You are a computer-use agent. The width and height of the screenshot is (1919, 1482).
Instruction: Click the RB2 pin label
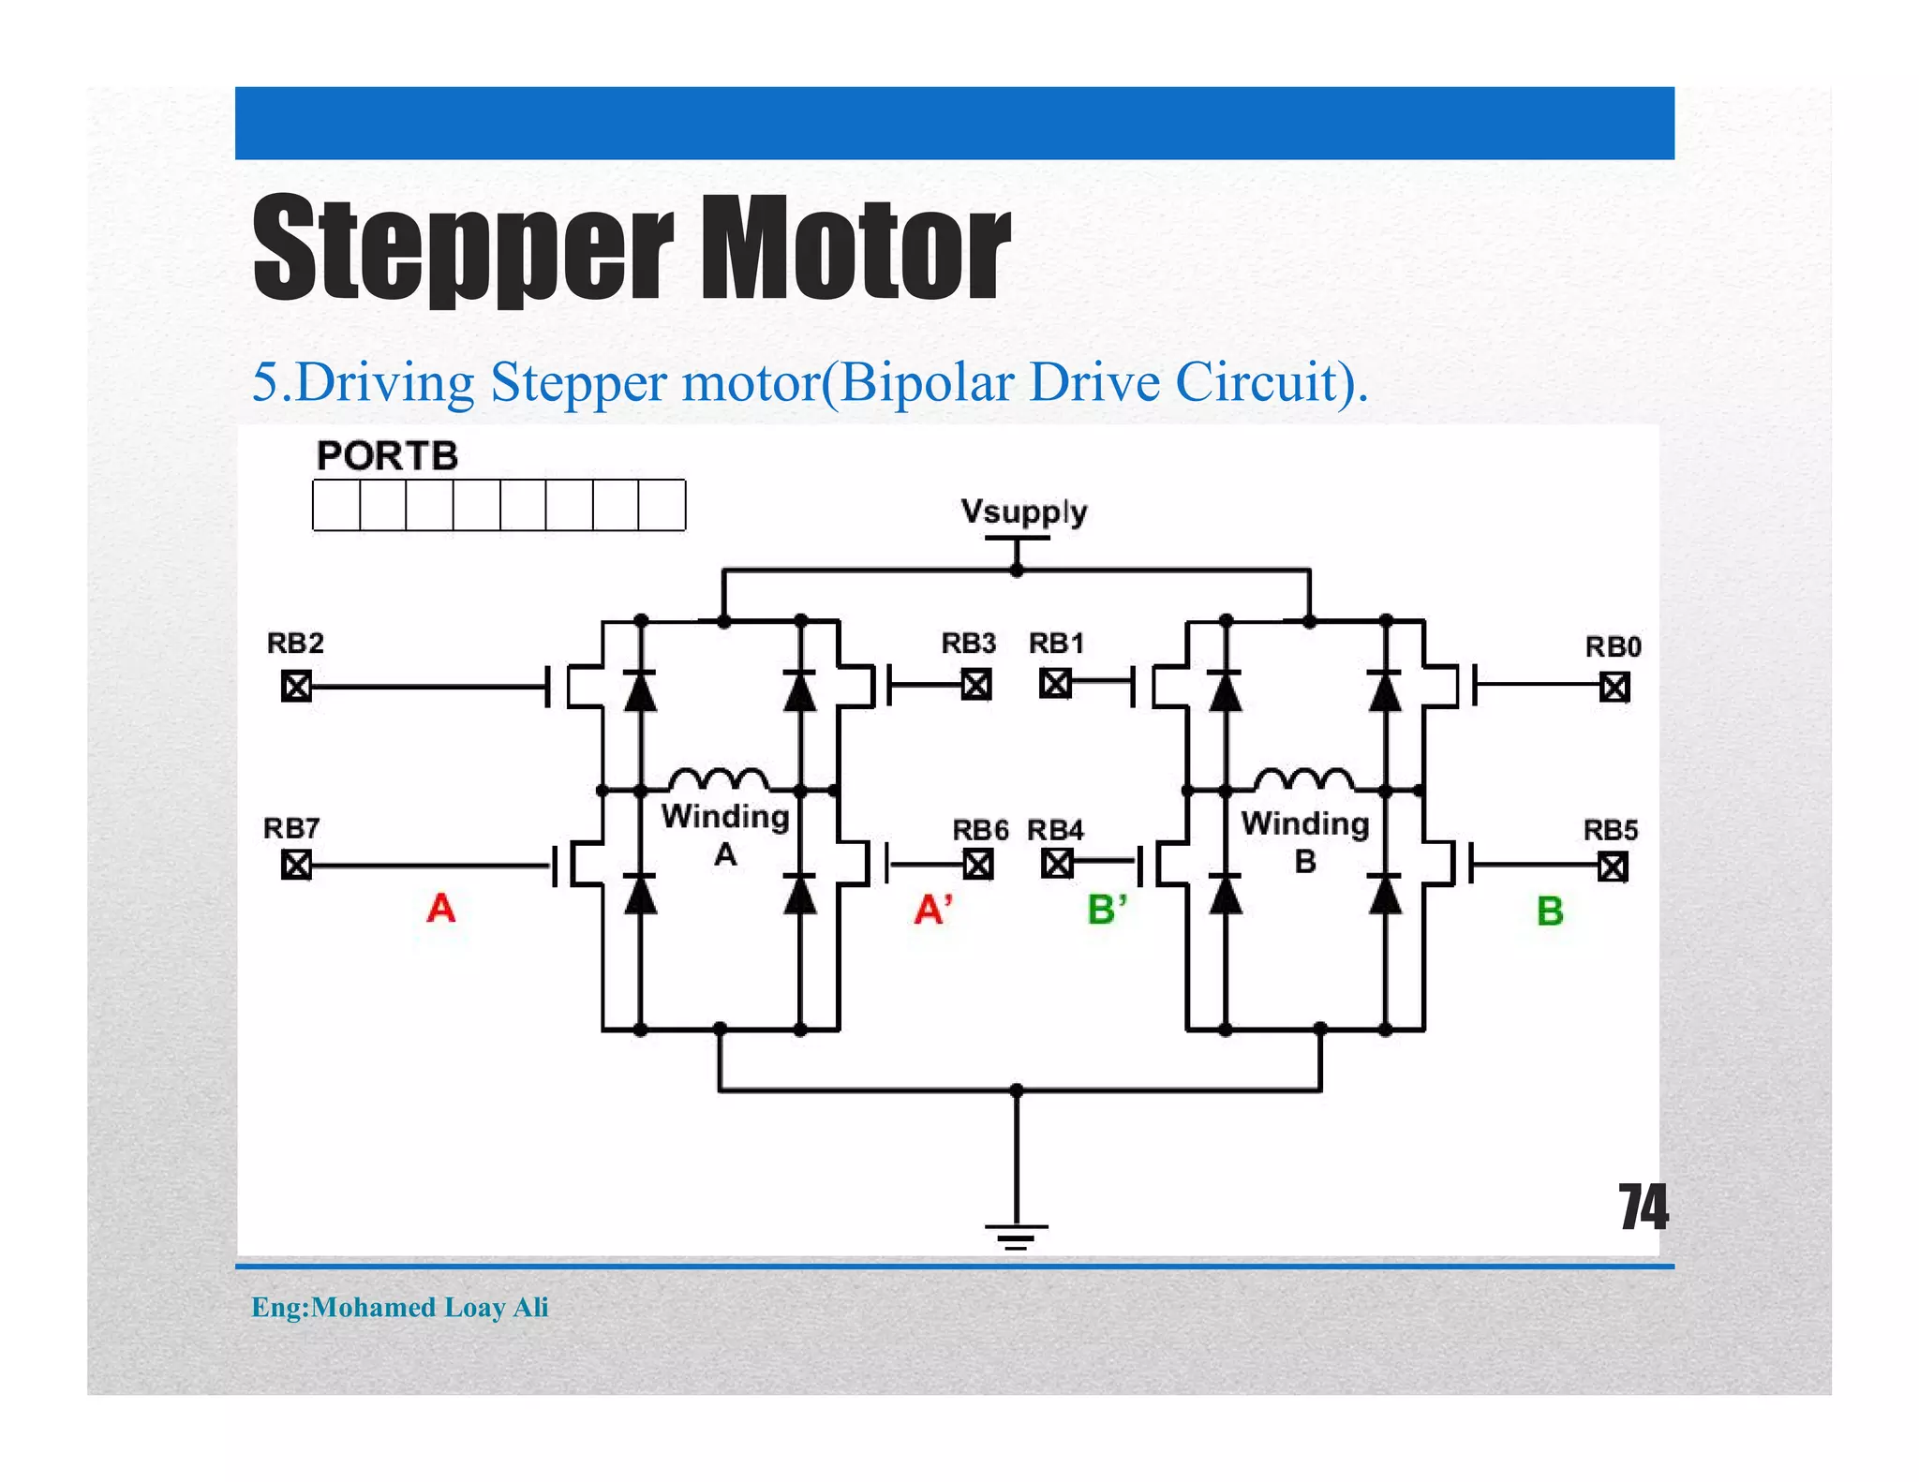(295, 644)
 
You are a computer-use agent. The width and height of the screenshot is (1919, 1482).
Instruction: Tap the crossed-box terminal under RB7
(296, 865)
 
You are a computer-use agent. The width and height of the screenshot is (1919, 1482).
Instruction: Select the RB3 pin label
(968, 644)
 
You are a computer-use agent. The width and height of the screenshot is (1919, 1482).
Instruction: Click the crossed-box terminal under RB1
(1055, 684)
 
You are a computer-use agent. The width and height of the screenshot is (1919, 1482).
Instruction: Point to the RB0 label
(1613, 646)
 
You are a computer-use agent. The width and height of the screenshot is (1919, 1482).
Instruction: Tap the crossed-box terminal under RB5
(1613, 867)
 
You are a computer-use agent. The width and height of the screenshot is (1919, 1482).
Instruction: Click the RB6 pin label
(980, 830)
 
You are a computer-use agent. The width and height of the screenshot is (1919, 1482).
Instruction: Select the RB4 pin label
(1055, 830)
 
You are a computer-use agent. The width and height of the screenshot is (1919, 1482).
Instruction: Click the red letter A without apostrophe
(440, 908)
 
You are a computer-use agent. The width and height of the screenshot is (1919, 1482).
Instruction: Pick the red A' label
(933, 910)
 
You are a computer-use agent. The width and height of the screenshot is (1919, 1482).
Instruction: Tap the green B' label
(1107, 910)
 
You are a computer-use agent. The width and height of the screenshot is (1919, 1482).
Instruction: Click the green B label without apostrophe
(1550, 911)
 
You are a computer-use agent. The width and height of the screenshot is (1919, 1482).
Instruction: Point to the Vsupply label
(1023, 511)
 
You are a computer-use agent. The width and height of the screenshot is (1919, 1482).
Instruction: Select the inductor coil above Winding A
(719, 779)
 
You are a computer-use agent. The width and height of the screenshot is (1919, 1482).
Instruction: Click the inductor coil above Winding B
(1303, 779)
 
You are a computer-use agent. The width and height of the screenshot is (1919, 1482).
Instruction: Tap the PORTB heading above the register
(387, 456)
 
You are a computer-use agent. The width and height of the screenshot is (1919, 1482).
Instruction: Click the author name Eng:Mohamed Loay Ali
(400, 1307)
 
